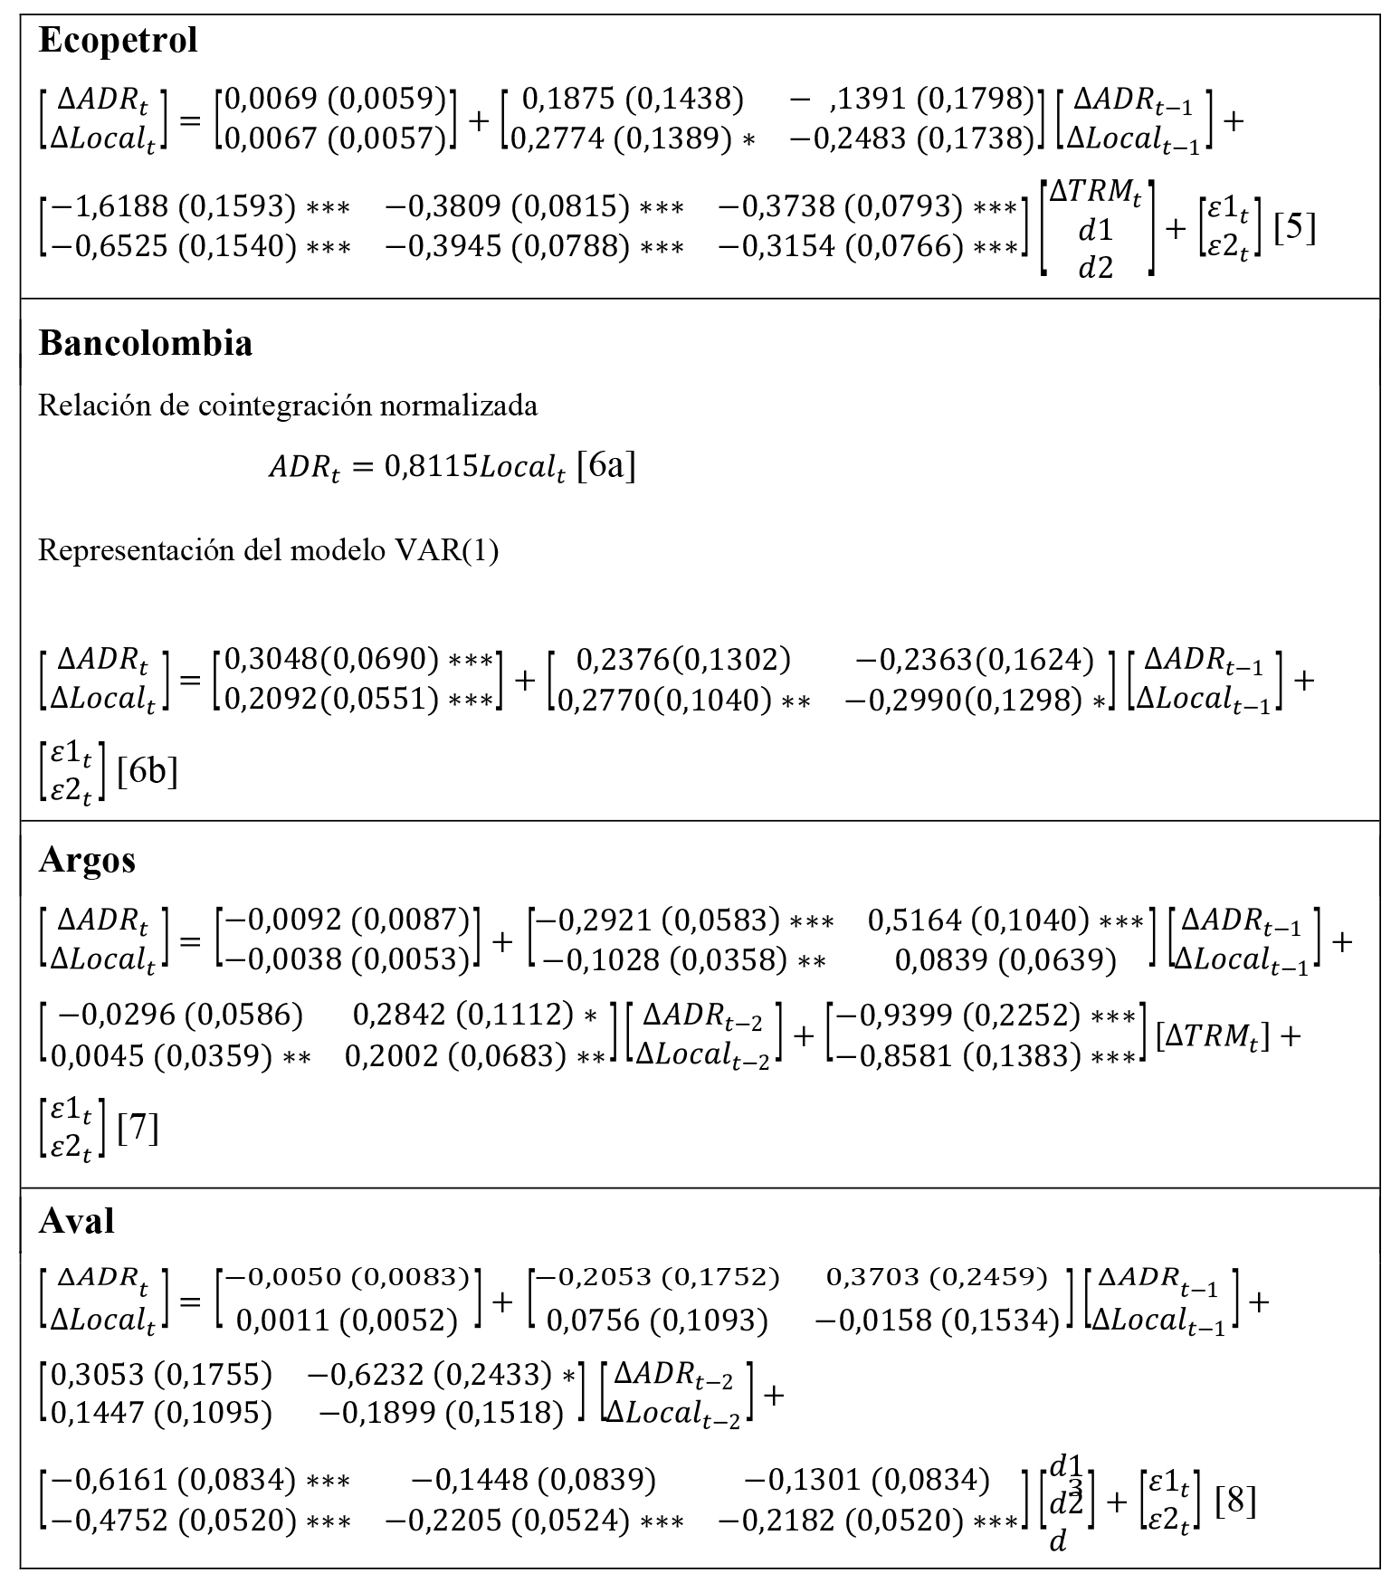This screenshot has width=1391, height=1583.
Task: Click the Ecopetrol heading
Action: click(118, 41)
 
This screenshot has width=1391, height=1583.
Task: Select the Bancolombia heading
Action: click(145, 344)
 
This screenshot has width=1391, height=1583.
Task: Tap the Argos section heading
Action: click(87, 859)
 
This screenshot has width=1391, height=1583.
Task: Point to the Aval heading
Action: click(76, 1221)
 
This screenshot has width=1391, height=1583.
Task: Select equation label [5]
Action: click(1294, 227)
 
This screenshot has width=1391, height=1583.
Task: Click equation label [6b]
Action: click(148, 771)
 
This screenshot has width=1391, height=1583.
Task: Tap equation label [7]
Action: click(138, 1128)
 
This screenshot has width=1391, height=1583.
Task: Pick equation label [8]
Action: click(1235, 1502)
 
